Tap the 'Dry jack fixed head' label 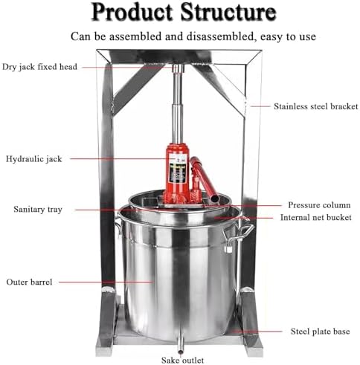[x=41, y=67]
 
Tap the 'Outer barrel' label [x=28, y=282]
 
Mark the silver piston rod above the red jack [x=176, y=112]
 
